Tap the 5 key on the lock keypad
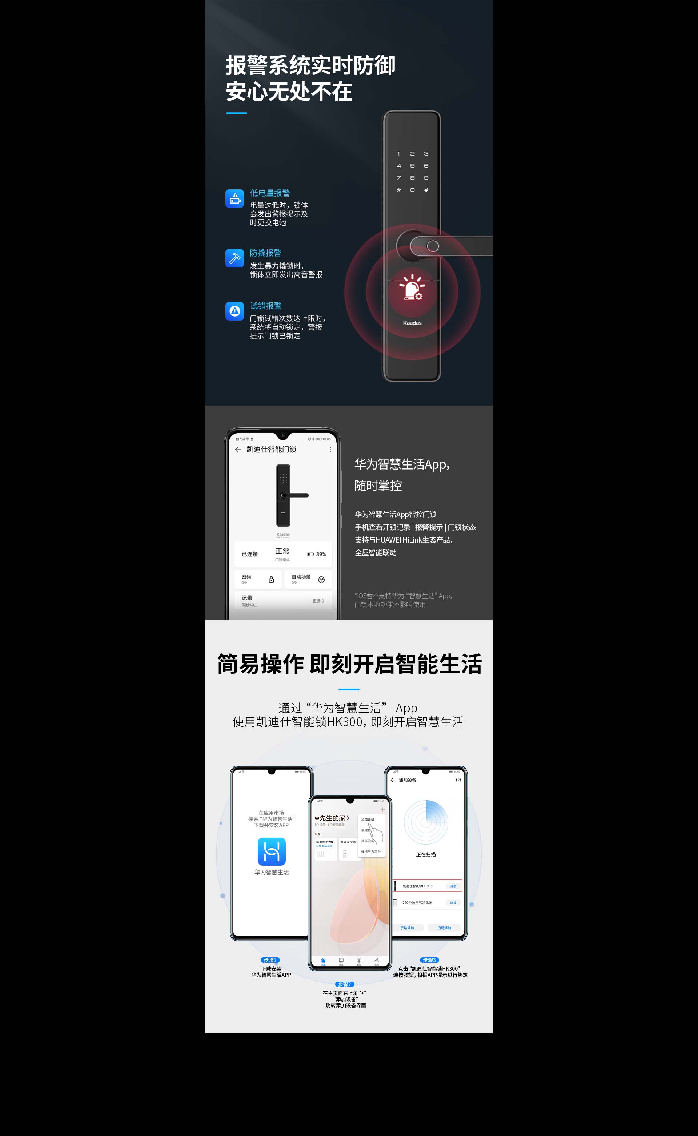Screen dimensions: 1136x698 pyautogui.click(x=412, y=166)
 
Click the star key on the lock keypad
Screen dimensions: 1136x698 pyautogui.click(x=399, y=190)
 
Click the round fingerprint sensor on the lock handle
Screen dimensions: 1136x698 pyautogui.click(x=433, y=246)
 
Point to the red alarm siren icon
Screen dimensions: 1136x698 pyautogui.click(x=412, y=287)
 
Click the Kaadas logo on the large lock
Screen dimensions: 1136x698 pyautogui.click(x=412, y=323)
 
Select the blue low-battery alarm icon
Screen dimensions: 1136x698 pyautogui.click(x=234, y=199)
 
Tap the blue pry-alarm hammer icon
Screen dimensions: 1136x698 pyautogui.click(x=234, y=258)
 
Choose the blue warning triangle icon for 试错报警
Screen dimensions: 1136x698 pyautogui.click(x=234, y=311)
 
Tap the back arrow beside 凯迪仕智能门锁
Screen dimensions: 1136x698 pyautogui.click(x=238, y=450)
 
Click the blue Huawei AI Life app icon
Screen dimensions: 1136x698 pyautogui.click(x=272, y=851)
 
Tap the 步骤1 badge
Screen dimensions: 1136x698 pyautogui.click(x=270, y=960)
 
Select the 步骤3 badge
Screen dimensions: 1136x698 pyautogui.click(x=429, y=960)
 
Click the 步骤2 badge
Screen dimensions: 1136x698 pyautogui.click(x=344, y=984)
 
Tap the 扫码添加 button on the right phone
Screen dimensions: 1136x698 pyautogui.click(x=444, y=927)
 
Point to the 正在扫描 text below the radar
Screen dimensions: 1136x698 pyautogui.click(x=426, y=854)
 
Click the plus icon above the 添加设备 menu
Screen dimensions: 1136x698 pyautogui.click(x=383, y=810)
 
